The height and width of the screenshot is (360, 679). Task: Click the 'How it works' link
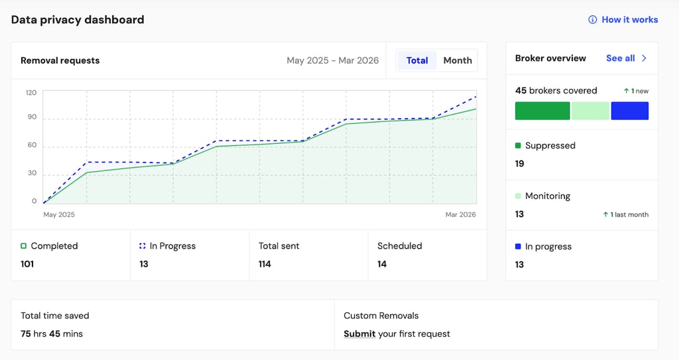623,19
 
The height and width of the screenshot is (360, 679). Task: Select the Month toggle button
458,60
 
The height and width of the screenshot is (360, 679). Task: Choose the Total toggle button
417,60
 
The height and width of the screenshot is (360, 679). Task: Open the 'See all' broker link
626,58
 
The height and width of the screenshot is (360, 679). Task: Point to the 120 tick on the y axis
31,92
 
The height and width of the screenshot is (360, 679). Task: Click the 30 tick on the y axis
32,173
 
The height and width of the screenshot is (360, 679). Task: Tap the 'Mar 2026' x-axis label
460,214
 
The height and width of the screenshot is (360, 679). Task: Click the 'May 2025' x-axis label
59,214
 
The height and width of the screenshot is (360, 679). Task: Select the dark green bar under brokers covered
542,111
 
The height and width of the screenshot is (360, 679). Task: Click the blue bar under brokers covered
630,111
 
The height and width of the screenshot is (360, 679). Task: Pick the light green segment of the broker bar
590,111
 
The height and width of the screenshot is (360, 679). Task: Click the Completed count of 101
27,264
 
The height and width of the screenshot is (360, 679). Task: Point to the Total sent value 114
265,264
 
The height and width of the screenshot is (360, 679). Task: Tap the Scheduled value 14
382,264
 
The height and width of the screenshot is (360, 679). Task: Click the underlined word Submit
359,333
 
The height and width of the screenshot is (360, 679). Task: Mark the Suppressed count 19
520,163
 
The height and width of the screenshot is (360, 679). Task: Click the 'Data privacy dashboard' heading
78,20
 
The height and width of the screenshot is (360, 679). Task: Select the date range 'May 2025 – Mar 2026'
333,60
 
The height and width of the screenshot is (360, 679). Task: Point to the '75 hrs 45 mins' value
52,333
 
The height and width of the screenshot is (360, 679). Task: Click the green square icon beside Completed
23,246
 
